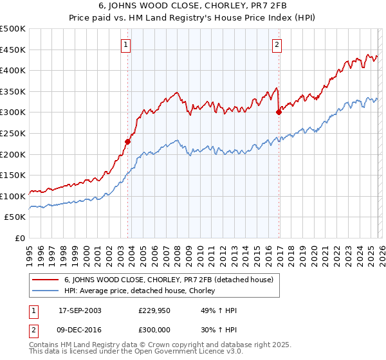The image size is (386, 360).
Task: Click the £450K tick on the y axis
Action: tap(13, 50)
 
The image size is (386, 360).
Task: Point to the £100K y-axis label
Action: tap(13, 196)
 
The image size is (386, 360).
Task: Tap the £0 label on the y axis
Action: tap(19, 238)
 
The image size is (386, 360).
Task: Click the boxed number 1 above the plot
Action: tap(125, 45)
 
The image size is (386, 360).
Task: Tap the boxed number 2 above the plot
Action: tap(277, 45)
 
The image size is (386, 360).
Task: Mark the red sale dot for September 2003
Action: tap(128, 141)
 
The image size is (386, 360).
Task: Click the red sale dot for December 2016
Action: tap(279, 112)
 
